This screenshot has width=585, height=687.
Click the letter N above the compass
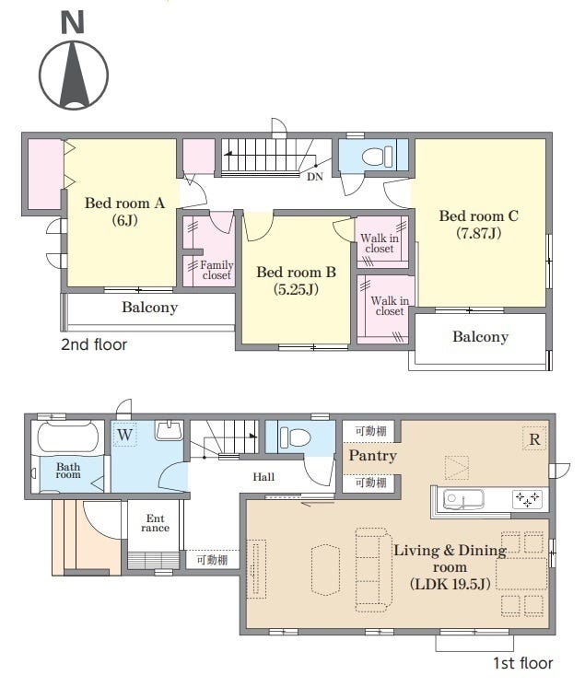point(73,23)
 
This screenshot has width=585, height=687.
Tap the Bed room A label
point(125,211)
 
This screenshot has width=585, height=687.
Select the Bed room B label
point(297,280)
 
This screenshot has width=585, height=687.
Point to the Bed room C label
point(478,224)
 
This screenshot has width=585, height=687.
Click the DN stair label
point(315,177)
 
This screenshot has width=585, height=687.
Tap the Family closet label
point(216,270)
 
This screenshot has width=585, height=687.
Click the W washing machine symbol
point(125,435)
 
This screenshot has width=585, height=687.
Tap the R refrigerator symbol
point(534,439)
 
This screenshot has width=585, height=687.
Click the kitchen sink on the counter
point(463,500)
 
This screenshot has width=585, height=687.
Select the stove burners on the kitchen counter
point(527,498)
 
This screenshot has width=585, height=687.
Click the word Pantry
point(372,456)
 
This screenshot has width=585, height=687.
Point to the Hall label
point(263,477)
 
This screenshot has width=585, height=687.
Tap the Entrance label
point(155,523)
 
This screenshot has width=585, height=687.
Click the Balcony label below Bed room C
point(480,336)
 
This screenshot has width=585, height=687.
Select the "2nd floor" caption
point(94,344)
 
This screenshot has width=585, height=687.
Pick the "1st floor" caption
point(522,663)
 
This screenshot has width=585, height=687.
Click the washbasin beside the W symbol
point(169,430)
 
